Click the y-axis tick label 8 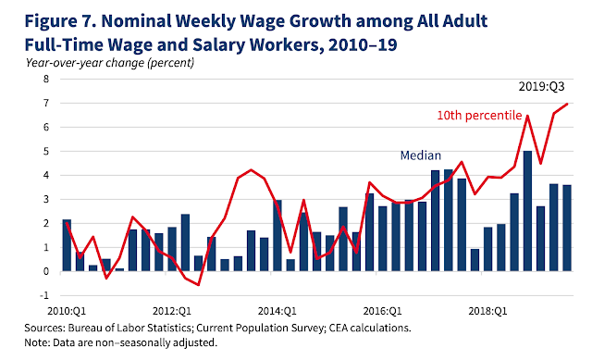46,79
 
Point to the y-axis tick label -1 44,295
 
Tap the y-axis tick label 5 46,151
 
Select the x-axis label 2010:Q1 67,311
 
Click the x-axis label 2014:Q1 277,311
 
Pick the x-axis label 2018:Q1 487,311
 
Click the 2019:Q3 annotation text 541,86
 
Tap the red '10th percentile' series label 479,115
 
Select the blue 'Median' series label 421,155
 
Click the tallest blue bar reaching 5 527,211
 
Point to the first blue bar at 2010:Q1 67,245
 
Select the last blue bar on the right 567,229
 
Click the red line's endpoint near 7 567,104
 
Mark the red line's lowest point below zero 199,285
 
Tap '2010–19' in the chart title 363,45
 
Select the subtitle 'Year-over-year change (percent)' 110,63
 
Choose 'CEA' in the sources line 339,328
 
